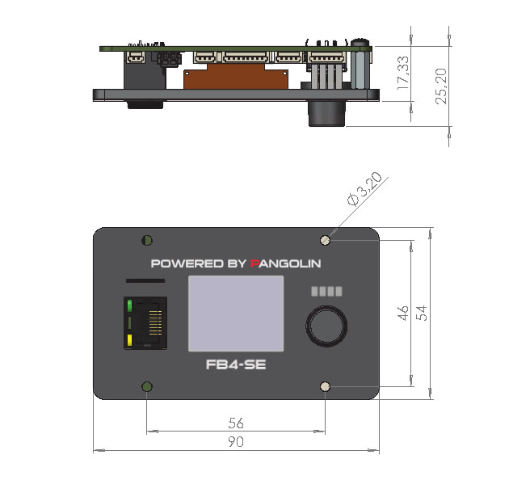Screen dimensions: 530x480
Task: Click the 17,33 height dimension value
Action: click(x=402, y=73)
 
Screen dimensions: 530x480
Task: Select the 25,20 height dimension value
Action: click(x=441, y=86)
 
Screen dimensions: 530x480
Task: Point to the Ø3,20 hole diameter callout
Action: click(x=364, y=188)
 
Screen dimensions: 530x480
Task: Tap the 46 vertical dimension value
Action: click(x=403, y=313)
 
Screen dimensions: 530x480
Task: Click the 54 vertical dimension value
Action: click(x=422, y=313)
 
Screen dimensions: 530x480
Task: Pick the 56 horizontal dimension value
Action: click(x=236, y=423)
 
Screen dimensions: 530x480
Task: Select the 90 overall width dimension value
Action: click(x=236, y=441)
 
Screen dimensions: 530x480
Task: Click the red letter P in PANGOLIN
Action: click(x=254, y=263)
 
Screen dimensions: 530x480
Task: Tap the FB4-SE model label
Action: click(x=236, y=364)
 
